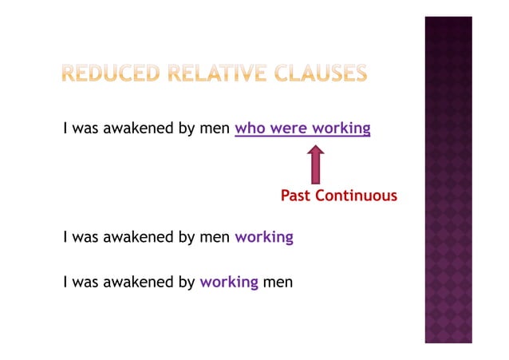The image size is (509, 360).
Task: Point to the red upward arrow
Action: (316, 164)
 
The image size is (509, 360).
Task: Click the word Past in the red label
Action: (295, 196)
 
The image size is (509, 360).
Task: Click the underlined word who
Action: (251, 129)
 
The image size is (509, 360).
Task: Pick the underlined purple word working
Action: (341, 129)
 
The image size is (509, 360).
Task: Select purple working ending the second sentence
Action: (264, 237)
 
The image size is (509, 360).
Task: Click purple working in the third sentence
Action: (229, 282)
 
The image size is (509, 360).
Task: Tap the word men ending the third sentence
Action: (278, 282)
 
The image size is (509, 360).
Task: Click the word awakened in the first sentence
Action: (137, 129)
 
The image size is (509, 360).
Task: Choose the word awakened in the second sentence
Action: (137, 237)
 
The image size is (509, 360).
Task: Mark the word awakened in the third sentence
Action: (137, 282)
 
